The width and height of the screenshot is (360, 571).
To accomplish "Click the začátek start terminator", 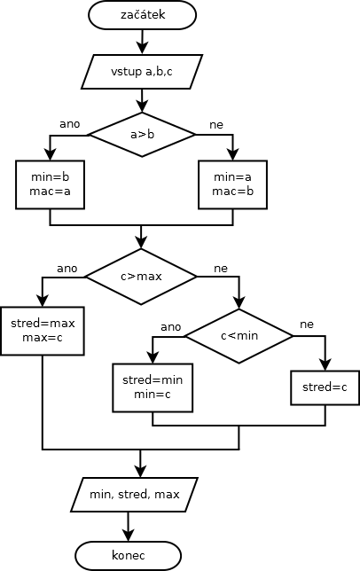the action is click(143, 15).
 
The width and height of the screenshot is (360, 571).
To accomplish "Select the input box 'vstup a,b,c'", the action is click(142, 72).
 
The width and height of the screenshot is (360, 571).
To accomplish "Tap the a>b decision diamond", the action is click(143, 135).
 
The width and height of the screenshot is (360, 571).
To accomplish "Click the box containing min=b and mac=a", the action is click(51, 184).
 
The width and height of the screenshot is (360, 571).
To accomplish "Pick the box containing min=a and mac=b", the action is click(232, 184).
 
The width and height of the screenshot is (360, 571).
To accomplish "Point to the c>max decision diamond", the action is click(141, 277).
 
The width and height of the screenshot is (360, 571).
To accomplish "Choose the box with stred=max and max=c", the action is click(43, 331).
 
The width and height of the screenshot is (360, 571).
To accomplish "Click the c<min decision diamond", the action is click(239, 336).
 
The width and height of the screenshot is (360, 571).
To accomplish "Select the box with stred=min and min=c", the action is click(153, 387).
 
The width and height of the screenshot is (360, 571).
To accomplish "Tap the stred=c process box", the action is click(325, 387).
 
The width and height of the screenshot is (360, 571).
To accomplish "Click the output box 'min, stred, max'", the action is click(134, 495).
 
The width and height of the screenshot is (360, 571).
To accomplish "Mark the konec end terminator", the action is click(129, 556).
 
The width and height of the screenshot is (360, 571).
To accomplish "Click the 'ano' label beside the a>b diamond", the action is click(69, 124).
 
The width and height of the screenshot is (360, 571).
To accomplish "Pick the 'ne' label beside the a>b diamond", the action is click(216, 125).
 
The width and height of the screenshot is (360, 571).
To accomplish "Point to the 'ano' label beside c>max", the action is click(67, 269).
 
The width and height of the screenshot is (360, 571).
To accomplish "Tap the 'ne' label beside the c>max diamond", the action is click(221, 269).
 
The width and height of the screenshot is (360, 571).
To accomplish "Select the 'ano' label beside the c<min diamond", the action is click(171, 327).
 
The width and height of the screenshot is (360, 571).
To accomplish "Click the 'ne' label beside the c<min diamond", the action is click(307, 325).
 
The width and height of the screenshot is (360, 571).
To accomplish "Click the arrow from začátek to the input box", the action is click(143, 42).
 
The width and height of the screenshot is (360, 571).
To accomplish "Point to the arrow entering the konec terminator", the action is click(129, 527).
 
